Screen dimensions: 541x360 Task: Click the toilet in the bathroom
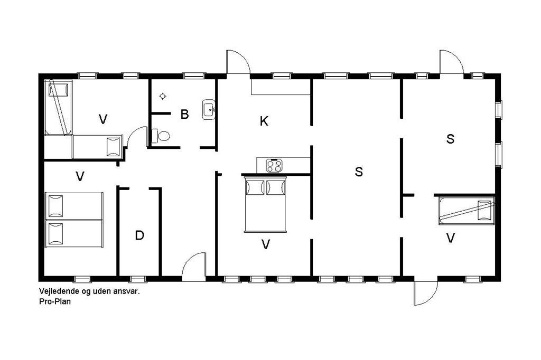click(161, 136)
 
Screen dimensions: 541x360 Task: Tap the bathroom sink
click(209, 109)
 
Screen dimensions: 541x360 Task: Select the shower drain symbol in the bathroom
click(163, 96)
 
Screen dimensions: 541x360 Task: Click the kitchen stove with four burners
click(274, 165)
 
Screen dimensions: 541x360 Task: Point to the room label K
click(264, 121)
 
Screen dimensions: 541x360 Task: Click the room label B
click(184, 114)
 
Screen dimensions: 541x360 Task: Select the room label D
click(139, 235)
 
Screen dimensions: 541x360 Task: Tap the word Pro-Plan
click(55, 301)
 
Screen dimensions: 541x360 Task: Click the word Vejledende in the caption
click(59, 291)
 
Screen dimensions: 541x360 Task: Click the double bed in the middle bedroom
click(265, 204)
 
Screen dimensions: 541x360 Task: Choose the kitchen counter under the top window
click(281, 87)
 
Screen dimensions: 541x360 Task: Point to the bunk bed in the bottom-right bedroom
click(467, 211)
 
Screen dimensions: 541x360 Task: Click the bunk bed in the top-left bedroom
click(58, 107)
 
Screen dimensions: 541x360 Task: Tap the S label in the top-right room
click(450, 139)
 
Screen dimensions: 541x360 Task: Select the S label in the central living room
click(359, 172)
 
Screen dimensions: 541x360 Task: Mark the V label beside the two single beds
click(80, 176)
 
